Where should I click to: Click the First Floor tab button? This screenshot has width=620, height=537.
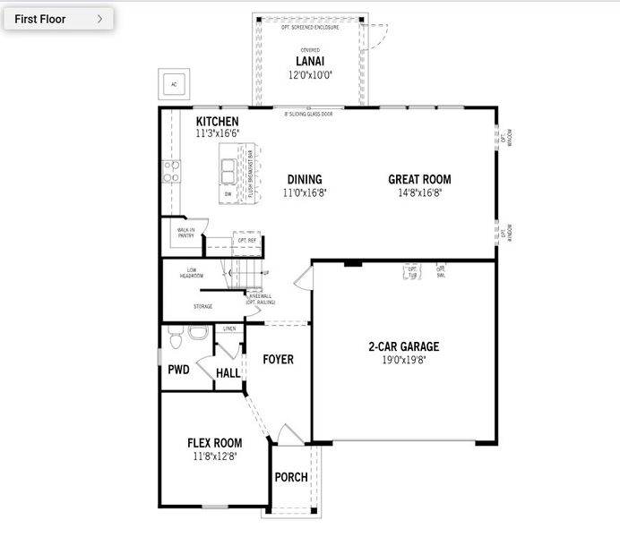[57, 18]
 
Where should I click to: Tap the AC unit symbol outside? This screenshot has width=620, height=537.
[174, 85]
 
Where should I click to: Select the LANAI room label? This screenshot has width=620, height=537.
[309, 61]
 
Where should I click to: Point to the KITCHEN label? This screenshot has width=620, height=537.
[218, 121]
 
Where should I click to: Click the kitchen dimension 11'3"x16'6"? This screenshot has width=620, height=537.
[218, 133]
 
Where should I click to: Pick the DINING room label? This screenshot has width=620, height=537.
[304, 179]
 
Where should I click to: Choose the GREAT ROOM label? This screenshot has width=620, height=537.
[419, 179]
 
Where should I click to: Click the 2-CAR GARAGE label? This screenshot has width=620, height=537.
[403, 346]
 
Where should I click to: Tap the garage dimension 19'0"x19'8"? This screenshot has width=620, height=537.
[403, 360]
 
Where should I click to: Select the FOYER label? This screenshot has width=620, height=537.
[278, 360]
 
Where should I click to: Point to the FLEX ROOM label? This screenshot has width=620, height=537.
[214, 442]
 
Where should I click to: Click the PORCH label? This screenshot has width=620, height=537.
[290, 477]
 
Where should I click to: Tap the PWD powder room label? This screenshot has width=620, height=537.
[178, 370]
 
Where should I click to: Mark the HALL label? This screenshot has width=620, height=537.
[228, 372]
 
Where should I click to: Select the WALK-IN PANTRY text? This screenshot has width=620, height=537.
[186, 233]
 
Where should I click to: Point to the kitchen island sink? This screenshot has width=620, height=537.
[229, 169]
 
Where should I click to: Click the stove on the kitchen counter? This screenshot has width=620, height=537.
[170, 171]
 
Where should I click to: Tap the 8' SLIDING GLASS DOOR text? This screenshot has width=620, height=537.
[309, 115]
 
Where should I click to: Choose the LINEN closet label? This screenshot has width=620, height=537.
[229, 329]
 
